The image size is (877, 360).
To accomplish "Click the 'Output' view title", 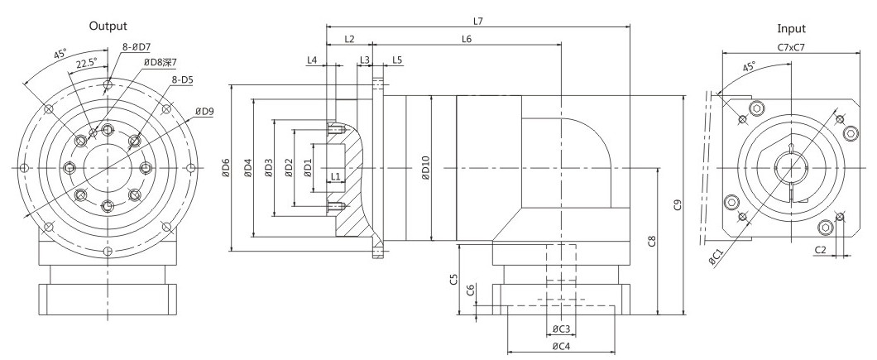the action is coord(108,26).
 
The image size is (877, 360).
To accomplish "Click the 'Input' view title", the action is coord(792,29).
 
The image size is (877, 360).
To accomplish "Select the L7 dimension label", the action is coord(477,22).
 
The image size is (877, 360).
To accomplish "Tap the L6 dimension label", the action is coord(467,39).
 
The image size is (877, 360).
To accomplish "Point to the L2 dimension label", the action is coord(349,39).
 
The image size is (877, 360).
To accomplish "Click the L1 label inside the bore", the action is coord(336,177).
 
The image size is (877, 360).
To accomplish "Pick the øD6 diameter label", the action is coord(225,169).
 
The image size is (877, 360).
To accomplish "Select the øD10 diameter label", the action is coord(425,168).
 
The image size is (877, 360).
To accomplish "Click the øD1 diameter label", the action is coord(308,169).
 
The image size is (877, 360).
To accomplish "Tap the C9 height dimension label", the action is coord(678,205).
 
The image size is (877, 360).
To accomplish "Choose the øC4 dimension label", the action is coord(561,346).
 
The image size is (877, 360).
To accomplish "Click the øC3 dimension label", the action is coord(561,328).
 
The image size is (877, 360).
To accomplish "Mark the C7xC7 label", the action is coord(792,47).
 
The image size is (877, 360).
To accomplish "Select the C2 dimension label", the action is coord(820,250).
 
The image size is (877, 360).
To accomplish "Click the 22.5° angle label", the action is coord(87,62).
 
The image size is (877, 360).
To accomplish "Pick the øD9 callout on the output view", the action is coord(204,111).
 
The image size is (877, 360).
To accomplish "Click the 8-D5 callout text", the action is coord(182,80).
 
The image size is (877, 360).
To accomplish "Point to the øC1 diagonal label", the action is coord(716,257).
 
